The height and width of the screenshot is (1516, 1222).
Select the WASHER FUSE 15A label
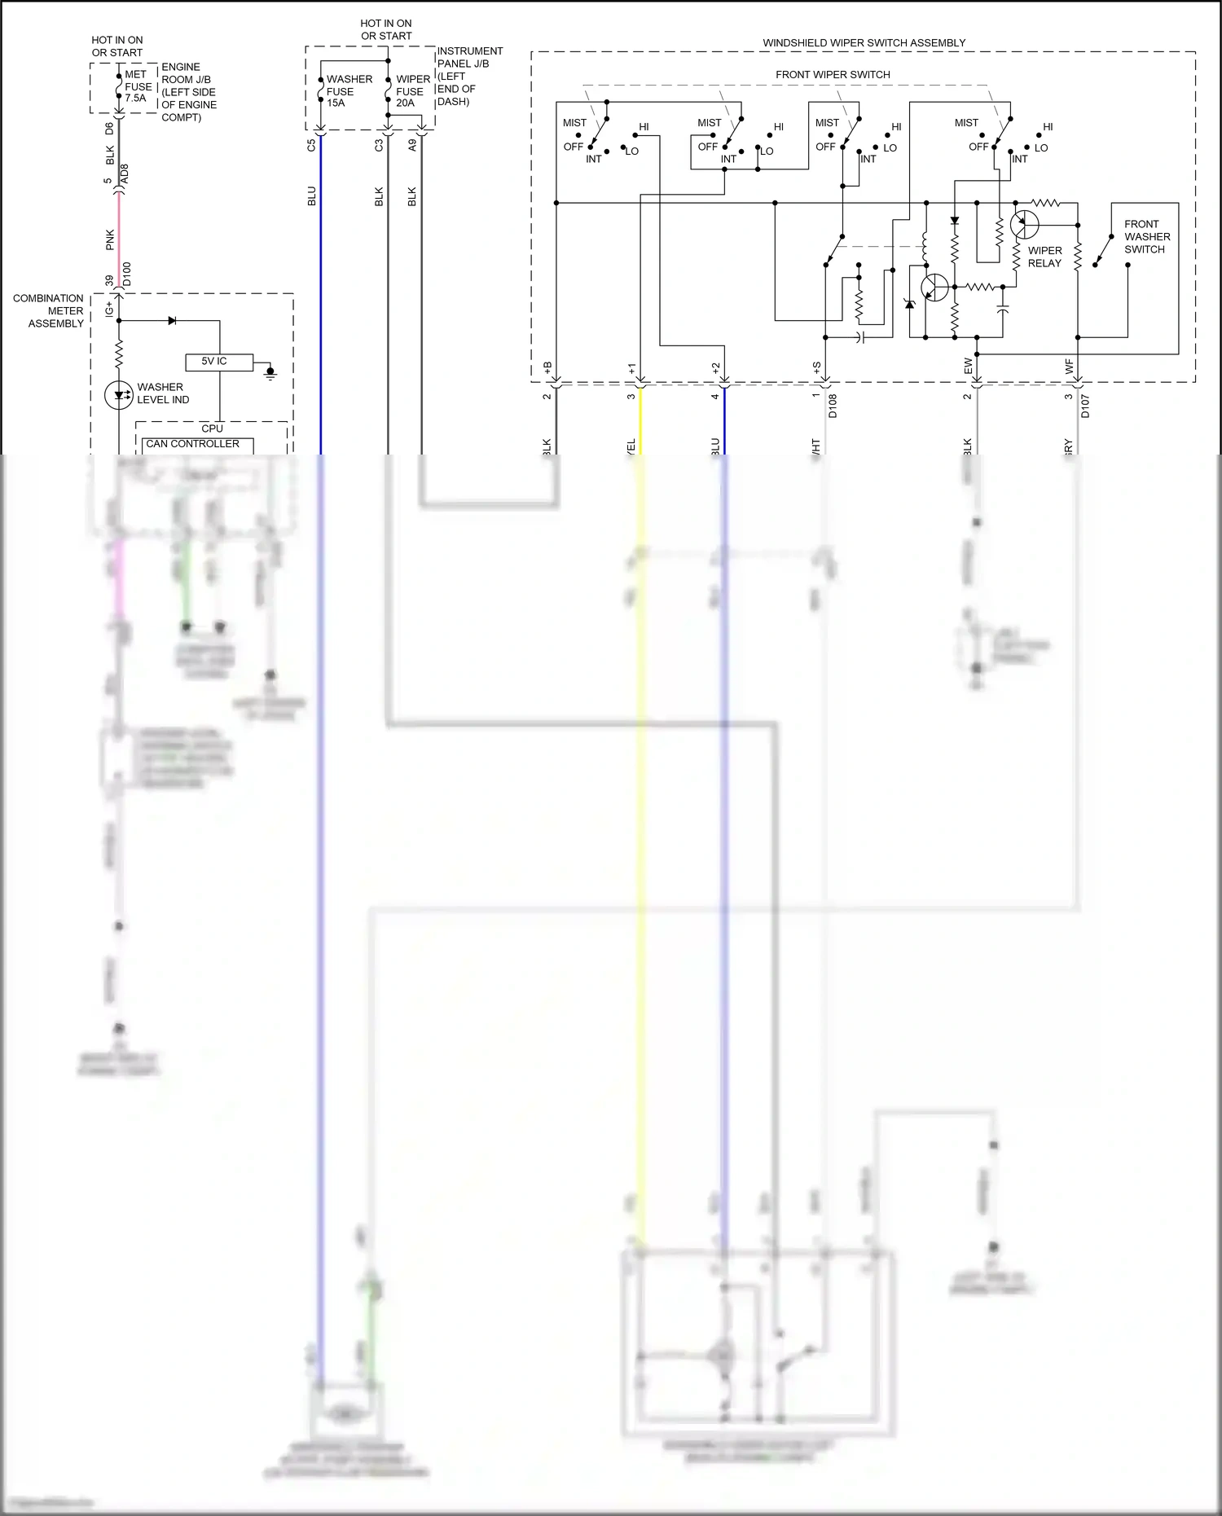pos(348,91)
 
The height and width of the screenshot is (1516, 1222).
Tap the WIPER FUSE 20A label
pos(413,91)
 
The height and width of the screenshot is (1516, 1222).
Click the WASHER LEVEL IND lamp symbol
pos(119,395)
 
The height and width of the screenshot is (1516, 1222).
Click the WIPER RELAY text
pos(1044,257)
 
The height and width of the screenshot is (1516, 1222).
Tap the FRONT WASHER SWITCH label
pos(1146,237)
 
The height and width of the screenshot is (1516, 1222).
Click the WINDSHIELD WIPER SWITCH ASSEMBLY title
pos(864,42)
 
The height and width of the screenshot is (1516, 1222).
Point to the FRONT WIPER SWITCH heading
pos(833,74)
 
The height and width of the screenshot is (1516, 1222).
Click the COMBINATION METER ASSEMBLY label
pos(49,311)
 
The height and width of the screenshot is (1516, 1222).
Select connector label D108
pos(833,406)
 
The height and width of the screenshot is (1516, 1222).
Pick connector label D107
pos(1085,406)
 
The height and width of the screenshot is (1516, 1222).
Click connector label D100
pos(126,274)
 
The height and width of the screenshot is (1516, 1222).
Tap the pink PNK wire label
pos(110,239)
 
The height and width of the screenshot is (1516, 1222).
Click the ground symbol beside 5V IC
pos(270,373)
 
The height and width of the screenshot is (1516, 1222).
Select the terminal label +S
pos(816,368)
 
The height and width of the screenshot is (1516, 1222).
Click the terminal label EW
pos(968,367)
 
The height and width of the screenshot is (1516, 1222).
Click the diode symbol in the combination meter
pos(172,321)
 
